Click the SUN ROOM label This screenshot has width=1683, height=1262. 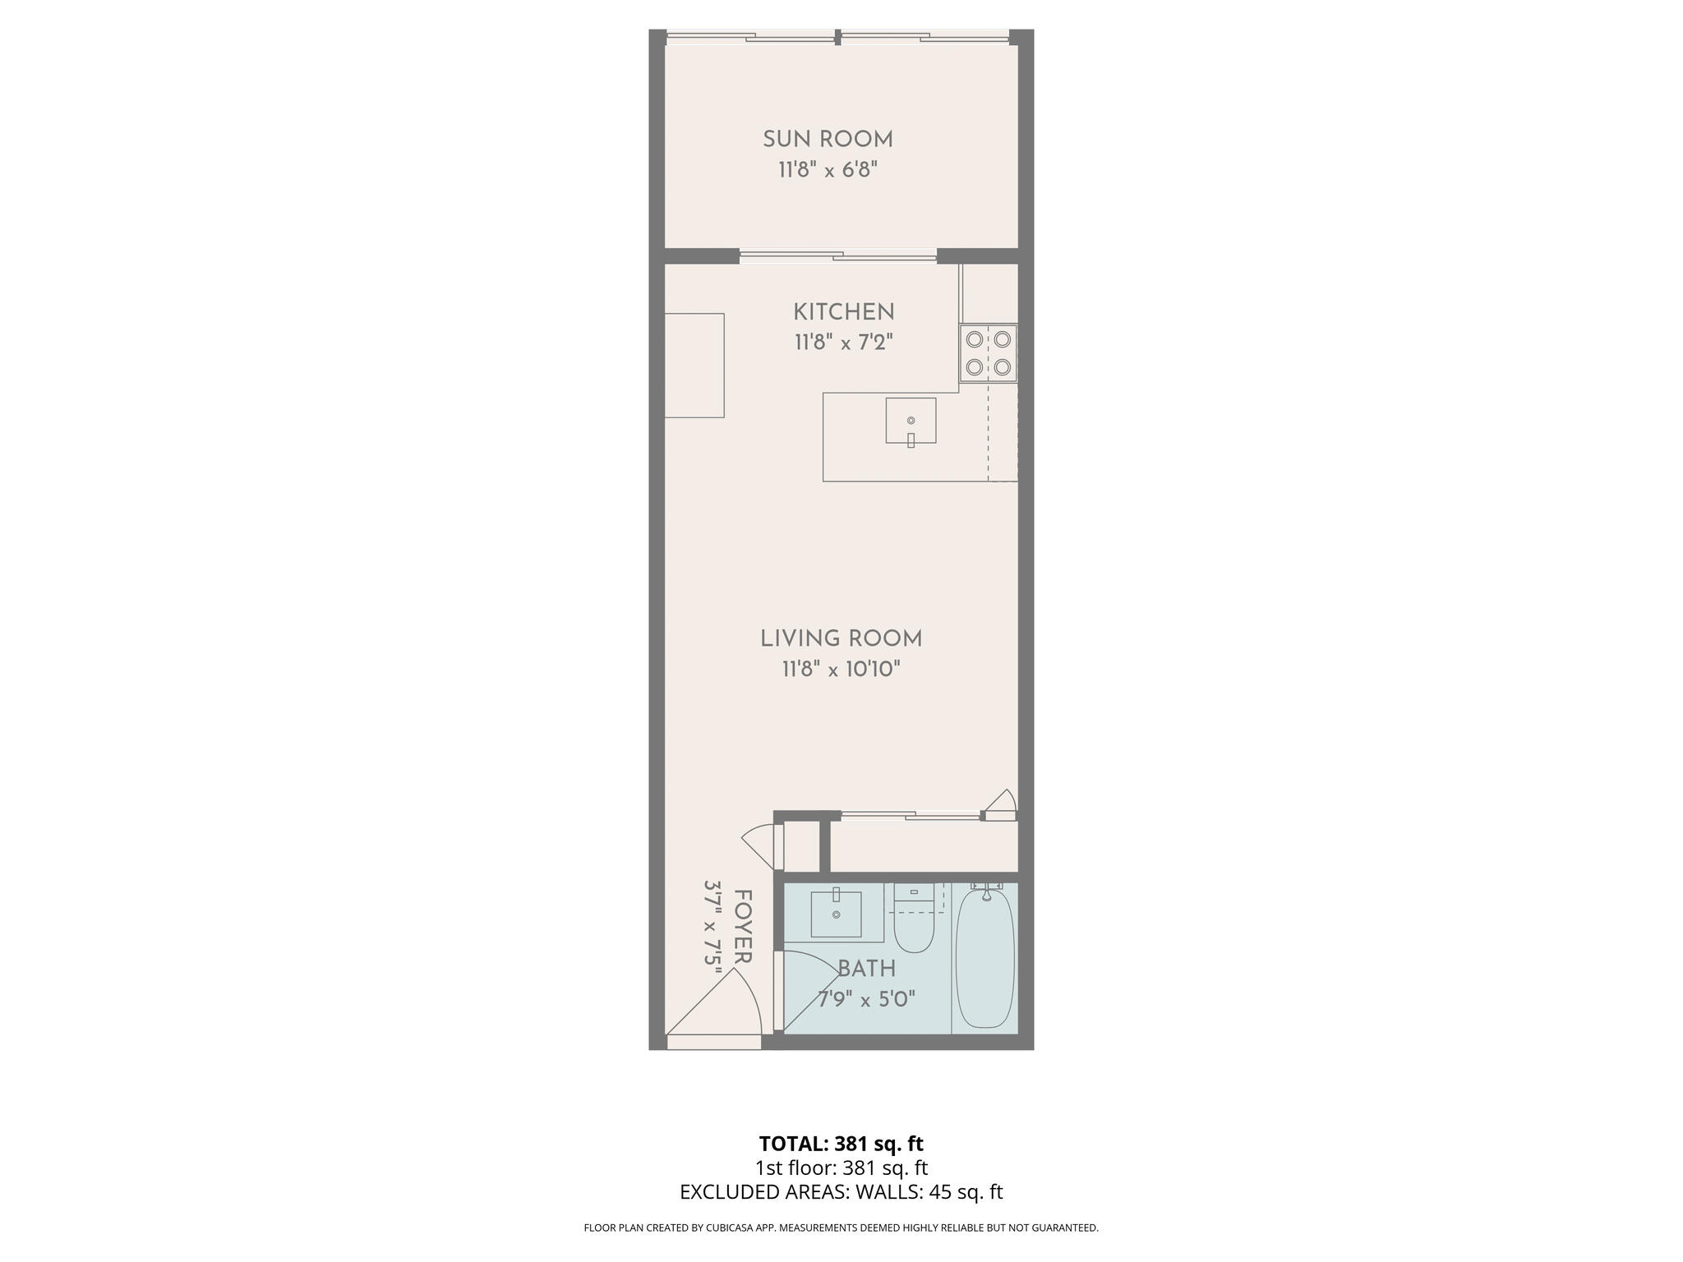pos(828,140)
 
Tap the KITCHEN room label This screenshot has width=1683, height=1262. pos(843,312)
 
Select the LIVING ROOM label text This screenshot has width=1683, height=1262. pos(841,638)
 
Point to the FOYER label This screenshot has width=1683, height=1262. pos(743,926)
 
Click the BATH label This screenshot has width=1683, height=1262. pos(866,970)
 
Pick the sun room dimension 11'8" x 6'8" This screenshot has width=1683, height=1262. pos(828,170)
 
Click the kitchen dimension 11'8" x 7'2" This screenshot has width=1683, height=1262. pos(843,343)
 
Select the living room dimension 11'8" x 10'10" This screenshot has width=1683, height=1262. pos(841,670)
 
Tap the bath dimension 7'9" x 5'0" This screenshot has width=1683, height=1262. pos(866,1000)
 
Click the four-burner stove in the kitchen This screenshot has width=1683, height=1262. pos(988,353)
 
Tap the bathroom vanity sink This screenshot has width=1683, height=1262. pos(836,914)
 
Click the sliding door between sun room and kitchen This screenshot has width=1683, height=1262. pos(837,256)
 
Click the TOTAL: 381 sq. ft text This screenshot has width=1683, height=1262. pos(841,1144)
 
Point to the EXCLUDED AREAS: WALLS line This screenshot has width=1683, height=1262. pos(841,1192)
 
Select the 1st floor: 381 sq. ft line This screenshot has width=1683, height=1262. pos(841,1168)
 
